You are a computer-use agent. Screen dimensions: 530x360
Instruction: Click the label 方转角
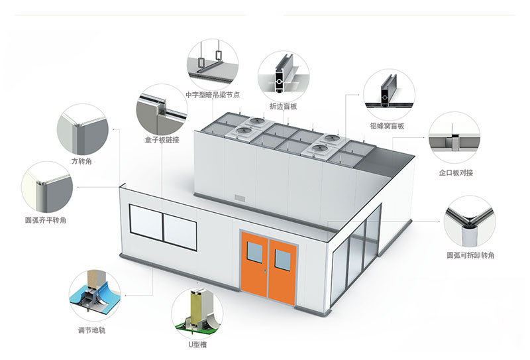[x=81, y=161]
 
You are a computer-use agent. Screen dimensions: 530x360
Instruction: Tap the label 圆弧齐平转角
[x=46, y=220]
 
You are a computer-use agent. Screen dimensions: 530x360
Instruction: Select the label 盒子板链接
[x=162, y=140]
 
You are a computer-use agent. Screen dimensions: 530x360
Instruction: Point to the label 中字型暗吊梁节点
[x=213, y=95]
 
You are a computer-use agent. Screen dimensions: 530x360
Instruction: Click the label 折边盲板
[x=284, y=106]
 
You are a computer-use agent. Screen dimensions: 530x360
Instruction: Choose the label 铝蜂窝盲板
[x=388, y=126]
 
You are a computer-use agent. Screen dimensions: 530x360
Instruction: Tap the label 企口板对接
[x=456, y=172]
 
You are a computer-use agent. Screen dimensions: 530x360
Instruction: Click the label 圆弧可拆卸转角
[x=470, y=255]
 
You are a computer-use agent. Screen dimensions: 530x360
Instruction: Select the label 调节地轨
[x=92, y=330]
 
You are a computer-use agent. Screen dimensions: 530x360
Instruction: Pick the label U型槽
[x=197, y=345]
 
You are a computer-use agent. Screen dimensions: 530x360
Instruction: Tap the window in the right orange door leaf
[x=283, y=259]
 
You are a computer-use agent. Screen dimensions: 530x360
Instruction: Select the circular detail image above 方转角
[x=83, y=129]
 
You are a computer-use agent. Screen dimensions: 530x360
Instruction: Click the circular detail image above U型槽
[x=197, y=313]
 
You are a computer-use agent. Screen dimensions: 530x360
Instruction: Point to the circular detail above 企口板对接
[x=454, y=138]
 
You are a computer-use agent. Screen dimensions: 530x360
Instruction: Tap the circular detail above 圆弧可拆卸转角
[x=470, y=221]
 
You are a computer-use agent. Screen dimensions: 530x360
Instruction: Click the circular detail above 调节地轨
[x=95, y=296]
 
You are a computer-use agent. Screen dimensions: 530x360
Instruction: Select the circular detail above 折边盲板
[x=284, y=76]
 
